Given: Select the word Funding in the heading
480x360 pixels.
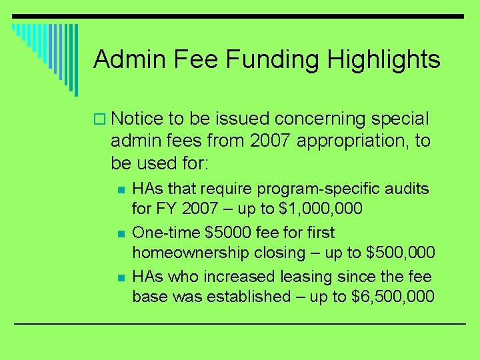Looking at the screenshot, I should coord(271,59).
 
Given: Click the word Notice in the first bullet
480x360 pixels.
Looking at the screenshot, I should coord(137,119).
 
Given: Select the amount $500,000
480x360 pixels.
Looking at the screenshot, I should coord(401,253).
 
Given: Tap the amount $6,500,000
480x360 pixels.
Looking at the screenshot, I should coord(393,296).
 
